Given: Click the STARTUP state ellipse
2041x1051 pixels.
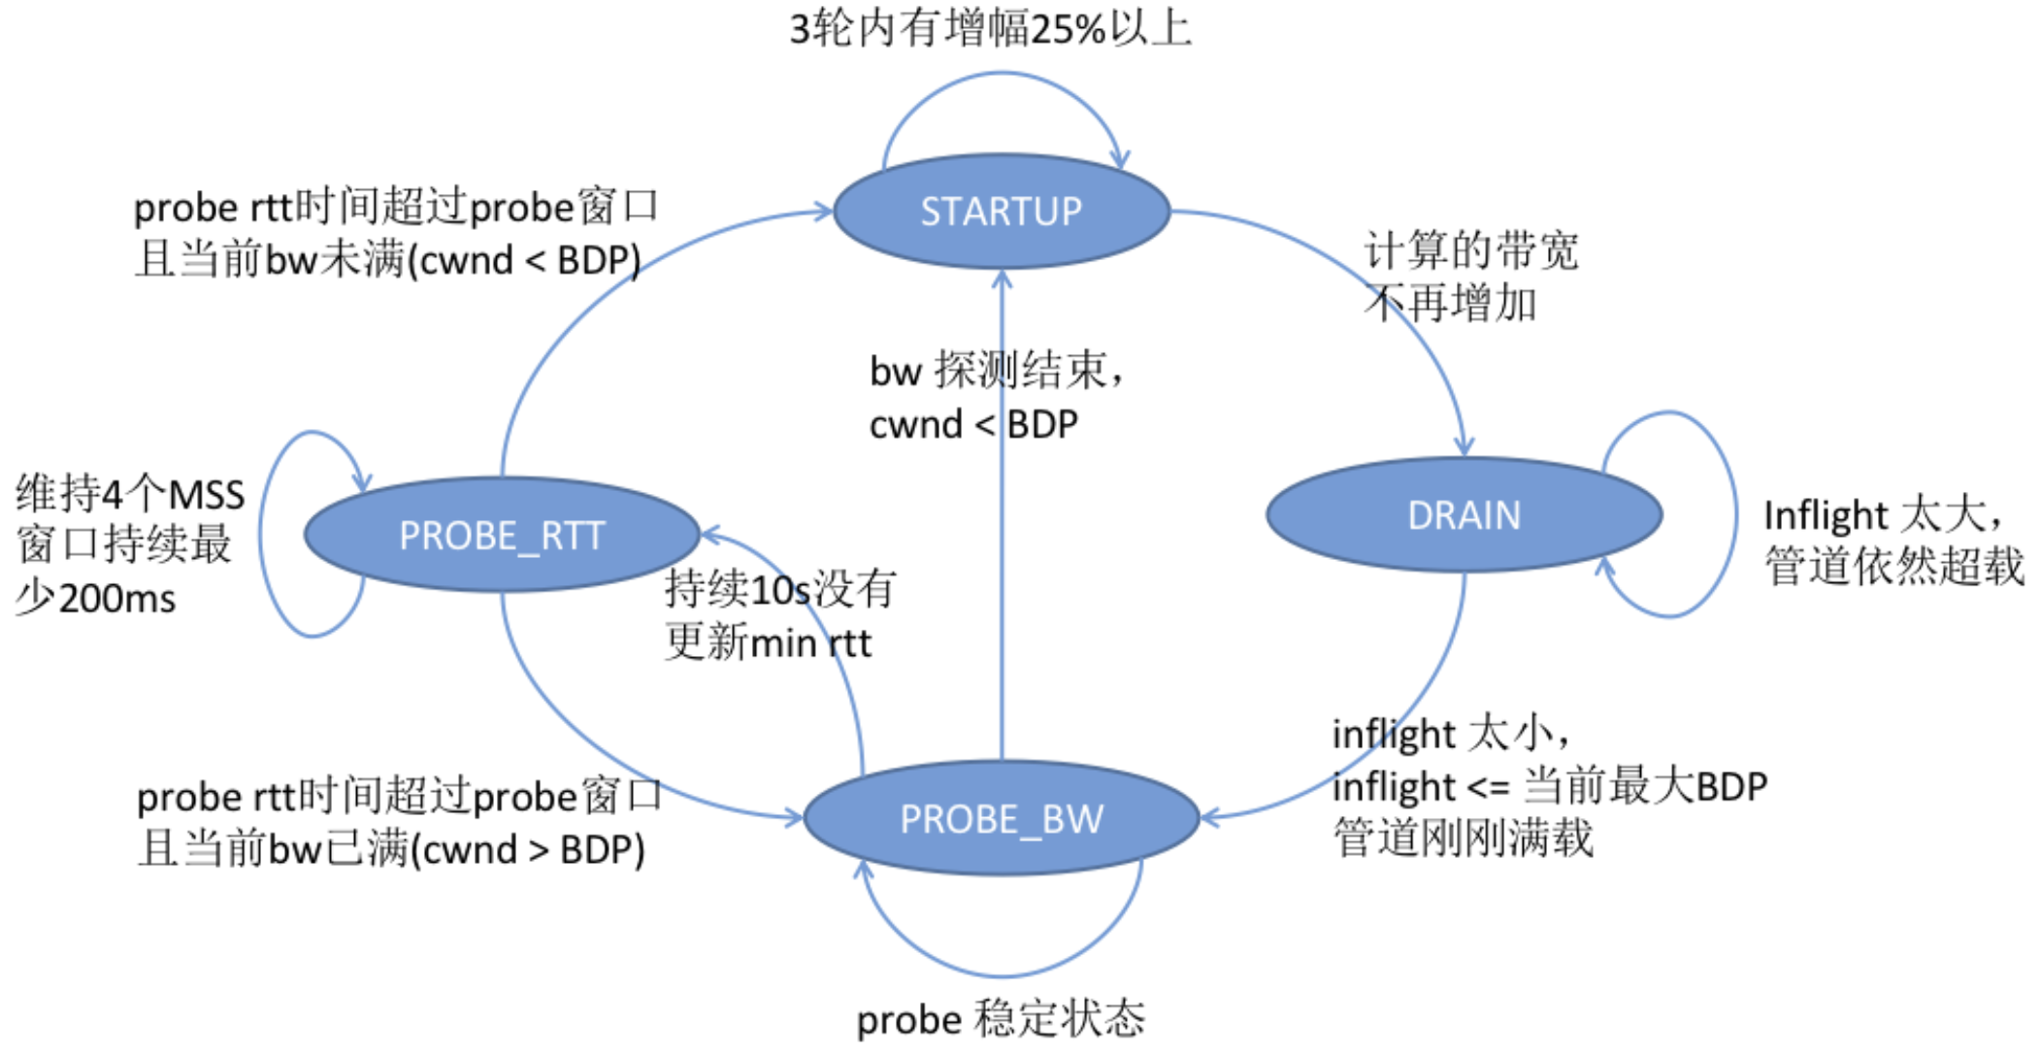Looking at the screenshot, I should tap(1002, 212).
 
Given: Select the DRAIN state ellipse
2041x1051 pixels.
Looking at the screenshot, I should tap(1464, 515).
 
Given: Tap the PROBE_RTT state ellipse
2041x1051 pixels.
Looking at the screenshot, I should tap(502, 535).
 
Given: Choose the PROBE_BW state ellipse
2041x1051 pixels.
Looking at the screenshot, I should tap(1002, 819).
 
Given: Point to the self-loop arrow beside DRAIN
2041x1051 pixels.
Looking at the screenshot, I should tap(1733, 514).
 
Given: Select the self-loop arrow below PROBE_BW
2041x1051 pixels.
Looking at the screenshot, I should tap(1002, 974).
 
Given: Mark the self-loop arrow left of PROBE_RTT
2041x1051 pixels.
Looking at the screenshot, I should tap(262, 534).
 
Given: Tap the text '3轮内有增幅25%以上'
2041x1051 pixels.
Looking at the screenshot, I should tap(990, 28).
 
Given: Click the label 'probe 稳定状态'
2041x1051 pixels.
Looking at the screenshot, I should tap(1001, 1019).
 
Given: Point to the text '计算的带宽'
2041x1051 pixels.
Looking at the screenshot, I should tap(1471, 250).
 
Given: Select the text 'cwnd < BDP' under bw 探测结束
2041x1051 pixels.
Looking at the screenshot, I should tap(973, 424).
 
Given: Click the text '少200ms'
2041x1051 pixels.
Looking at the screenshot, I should tap(95, 599).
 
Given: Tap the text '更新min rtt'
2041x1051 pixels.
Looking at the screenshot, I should tap(768, 642).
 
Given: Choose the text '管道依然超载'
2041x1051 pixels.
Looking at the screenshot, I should tap(1893, 567).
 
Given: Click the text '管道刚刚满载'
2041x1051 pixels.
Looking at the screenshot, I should tap(1463, 838).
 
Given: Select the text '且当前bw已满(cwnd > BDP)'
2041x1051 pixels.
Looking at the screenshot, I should tap(391, 849).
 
